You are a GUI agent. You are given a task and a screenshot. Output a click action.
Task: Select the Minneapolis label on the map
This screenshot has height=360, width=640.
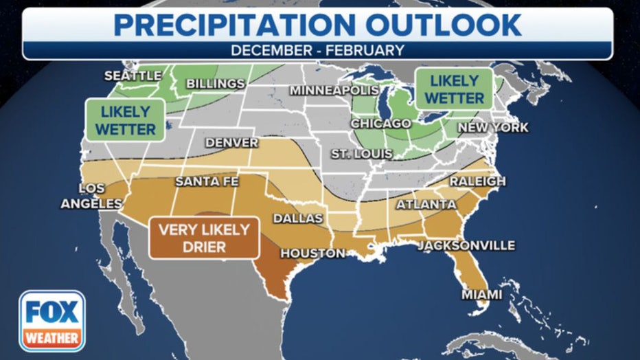coord(334,91)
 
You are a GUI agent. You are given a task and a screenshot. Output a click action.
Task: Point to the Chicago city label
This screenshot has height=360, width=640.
coord(380,124)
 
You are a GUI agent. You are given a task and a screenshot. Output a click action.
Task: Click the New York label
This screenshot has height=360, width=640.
coord(493,128)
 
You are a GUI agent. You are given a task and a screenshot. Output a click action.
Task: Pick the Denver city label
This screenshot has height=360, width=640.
coord(231,143)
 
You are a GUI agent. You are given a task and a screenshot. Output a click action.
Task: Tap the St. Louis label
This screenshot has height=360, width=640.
coord(361,153)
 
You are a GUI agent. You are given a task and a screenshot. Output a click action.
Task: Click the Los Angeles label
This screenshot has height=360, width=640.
coord(91,196)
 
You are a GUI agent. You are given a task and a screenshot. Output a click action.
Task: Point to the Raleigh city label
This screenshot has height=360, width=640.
coord(477,181)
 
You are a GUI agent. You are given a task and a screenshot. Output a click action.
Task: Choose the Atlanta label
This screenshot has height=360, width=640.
coord(426,205)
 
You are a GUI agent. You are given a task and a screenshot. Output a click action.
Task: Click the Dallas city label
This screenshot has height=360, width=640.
coord(297,218)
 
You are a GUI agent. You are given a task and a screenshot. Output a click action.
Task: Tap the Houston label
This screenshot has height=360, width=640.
coord(312,254)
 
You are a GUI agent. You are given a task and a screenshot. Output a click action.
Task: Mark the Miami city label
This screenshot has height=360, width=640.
coord(481,295)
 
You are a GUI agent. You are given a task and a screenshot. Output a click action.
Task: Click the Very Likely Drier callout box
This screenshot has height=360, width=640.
coord(204,238)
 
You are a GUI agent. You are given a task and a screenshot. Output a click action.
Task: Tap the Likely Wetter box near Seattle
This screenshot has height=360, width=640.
coord(125,120)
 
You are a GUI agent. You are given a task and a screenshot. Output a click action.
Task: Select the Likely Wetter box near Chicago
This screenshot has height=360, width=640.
coord(454,89)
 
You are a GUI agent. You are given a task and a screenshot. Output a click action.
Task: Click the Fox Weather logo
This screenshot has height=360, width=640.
coord(52,321)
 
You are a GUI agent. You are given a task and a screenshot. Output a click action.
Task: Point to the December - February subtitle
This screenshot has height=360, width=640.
coord(317,50)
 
